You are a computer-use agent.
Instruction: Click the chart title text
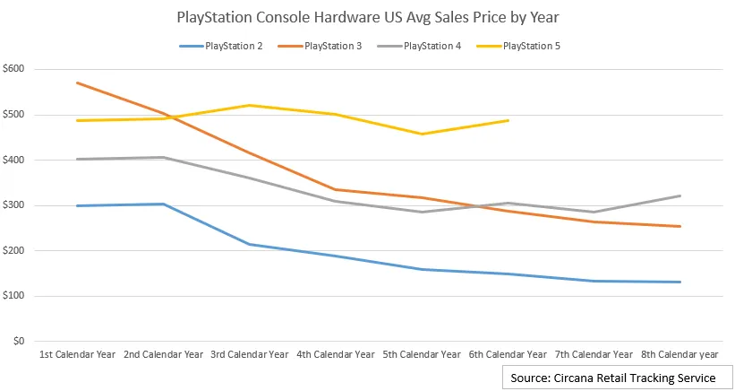coord(367,16)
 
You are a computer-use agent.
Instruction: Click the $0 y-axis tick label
coord(19,342)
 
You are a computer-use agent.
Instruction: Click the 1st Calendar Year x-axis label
coord(77,354)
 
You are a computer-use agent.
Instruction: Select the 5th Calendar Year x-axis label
coord(421,354)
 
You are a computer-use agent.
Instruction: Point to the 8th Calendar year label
coord(679,354)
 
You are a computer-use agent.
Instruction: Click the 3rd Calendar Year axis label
coord(249,354)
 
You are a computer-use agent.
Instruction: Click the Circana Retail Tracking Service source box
coord(613,378)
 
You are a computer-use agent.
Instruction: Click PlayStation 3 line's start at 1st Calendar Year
coord(77,83)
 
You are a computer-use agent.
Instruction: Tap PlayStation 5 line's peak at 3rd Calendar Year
coord(249,105)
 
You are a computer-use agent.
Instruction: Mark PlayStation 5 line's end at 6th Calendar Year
coord(508,120)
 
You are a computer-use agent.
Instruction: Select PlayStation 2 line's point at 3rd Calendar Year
coord(249,244)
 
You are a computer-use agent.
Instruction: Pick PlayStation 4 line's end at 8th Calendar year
coord(680,195)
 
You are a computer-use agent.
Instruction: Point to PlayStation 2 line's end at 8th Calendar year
coord(680,282)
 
